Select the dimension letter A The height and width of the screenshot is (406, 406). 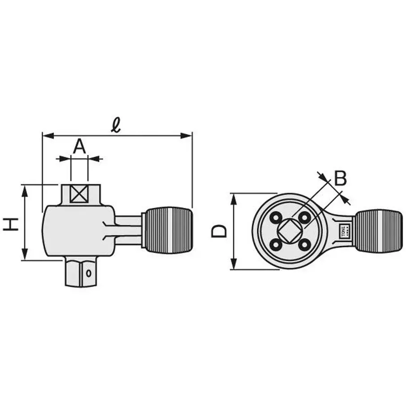[79, 146]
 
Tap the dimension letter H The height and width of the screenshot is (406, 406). [11, 223]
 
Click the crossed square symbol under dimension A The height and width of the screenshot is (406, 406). [79, 194]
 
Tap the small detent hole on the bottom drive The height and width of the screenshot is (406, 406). [90, 272]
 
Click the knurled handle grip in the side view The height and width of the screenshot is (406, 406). [168, 230]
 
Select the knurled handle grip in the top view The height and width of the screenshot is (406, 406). [379, 231]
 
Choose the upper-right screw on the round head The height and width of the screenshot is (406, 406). [305, 218]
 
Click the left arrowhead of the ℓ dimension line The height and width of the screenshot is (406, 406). [46, 135]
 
